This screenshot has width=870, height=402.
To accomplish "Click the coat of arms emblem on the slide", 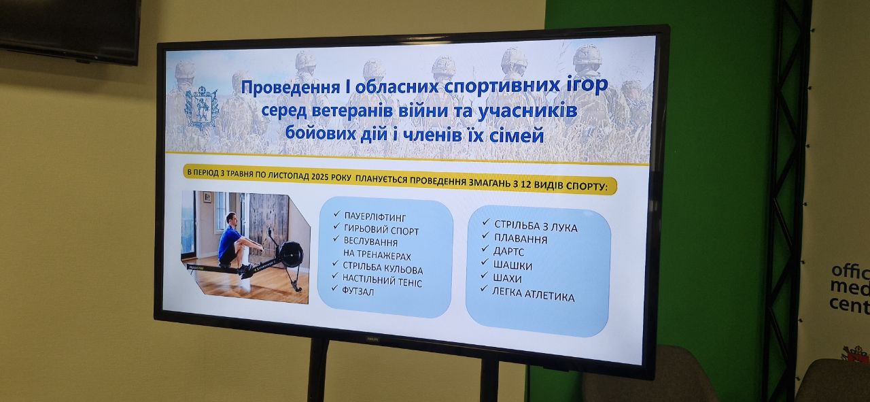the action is pyautogui.click(x=201, y=108).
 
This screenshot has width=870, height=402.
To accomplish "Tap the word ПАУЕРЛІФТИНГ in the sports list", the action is pyautogui.click(x=375, y=216).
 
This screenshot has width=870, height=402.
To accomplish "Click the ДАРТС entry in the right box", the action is pyautogui.click(x=508, y=252).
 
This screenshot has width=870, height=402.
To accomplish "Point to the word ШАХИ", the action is pyautogui.click(x=507, y=278).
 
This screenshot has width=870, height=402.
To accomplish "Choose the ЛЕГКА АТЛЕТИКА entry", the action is pyautogui.click(x=534, y=295).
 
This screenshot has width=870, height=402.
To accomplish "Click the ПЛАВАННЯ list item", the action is pyautogui.click(x=521, y=239).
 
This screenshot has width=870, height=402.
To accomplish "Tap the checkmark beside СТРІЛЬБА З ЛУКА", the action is pyautogui.click(x=486, y=222).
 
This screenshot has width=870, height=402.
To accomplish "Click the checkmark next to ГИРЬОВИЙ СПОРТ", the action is pyautogui.click(x=336, y=226).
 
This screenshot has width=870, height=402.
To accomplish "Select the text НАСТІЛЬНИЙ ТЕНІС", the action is pyautogui.click(x=382, y=280).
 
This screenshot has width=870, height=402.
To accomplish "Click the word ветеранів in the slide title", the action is pyautogui.click(x=353, y=110).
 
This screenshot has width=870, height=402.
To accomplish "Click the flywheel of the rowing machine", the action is pyautogui.click(x=291, y=254).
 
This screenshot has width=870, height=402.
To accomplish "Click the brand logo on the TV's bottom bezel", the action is pyautogui.click(x=372, y=339).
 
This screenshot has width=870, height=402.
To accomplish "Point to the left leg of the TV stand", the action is pyautogui.click(x=318, y=370).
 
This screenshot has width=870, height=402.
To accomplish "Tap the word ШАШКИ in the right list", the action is pyautogui.click(x=512, y=265).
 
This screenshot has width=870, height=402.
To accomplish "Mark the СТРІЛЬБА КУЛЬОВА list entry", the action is pyautogui.click(x=383, y=267).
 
